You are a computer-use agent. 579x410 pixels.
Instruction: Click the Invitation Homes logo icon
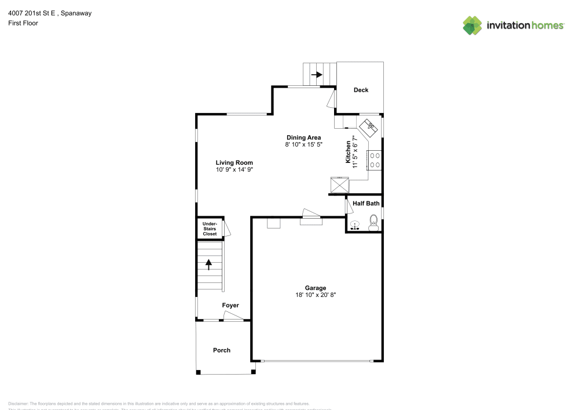pyautogui.click(x=472, y=25)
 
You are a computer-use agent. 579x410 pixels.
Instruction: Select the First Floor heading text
pyautogui.click(x=23, y=23)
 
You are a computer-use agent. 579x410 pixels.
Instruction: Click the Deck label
pyautogui.click(x=361, y=90)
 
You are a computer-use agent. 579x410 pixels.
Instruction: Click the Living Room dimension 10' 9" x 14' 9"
pyautogui.click(x=234, y=170)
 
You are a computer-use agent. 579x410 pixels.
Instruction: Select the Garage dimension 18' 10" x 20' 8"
pyautogui.click(x=316, y=295)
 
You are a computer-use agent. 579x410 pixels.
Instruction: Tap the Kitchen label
pyautogui.click(x=349, y=152)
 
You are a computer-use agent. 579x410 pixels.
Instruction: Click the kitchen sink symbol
pyautogui.click(x=369, y=126)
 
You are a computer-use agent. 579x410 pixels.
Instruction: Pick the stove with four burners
pyautogui.click(x=374, y=159)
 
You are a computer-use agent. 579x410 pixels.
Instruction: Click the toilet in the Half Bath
pyautogui.click(x=373, y=223)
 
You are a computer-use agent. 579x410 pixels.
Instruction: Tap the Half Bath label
pyautogui.click(x=366, y=204)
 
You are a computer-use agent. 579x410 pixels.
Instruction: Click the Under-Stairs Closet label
pyautogui.click(x=210, y=228)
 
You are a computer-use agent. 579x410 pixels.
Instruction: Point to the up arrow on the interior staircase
pyautogui.click(x=209, y=264)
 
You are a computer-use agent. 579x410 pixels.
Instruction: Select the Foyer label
pyautogui.click(x=230, y=306)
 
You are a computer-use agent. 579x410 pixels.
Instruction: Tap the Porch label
pyautogui.click(x=222, y=350)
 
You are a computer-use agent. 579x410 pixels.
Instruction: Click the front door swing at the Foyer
pyautogui.click(x=233, y=316)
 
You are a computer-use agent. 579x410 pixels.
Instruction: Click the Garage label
pyautogui.click(x=316, y=288)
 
